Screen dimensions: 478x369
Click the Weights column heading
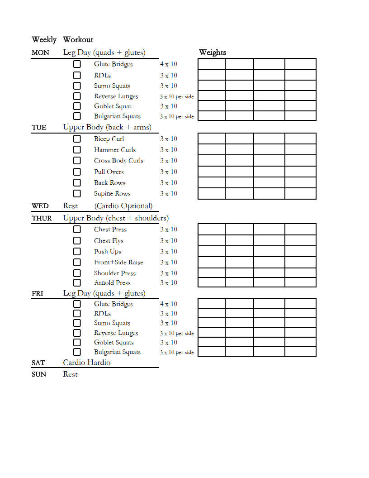[213, 53]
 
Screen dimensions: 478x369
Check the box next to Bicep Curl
[77, 139]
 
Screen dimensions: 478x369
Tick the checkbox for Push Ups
[77, 252]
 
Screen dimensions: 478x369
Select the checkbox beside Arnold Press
[77, 283]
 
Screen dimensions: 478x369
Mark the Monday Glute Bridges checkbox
[77, 64]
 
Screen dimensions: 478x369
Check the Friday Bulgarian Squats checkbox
[77, 352]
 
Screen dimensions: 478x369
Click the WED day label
[40, 206]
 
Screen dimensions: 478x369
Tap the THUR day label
[42, 219]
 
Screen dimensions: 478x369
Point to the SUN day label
[39, 375]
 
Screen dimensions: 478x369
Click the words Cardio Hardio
[87, 363]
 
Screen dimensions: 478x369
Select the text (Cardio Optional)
[123, 206]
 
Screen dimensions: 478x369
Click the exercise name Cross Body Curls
[118, 161]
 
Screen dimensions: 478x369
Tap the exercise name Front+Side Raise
[118, 263]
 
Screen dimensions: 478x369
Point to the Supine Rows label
[112, 194]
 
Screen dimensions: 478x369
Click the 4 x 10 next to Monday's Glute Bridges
[169, 64]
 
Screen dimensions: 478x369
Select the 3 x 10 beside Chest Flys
[169, 241]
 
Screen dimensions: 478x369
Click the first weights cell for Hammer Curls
[212, 150]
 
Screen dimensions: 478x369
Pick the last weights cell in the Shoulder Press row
[300, 273]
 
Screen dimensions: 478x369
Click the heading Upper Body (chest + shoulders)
[116, 218]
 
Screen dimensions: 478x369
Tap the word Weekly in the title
[44, 40]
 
